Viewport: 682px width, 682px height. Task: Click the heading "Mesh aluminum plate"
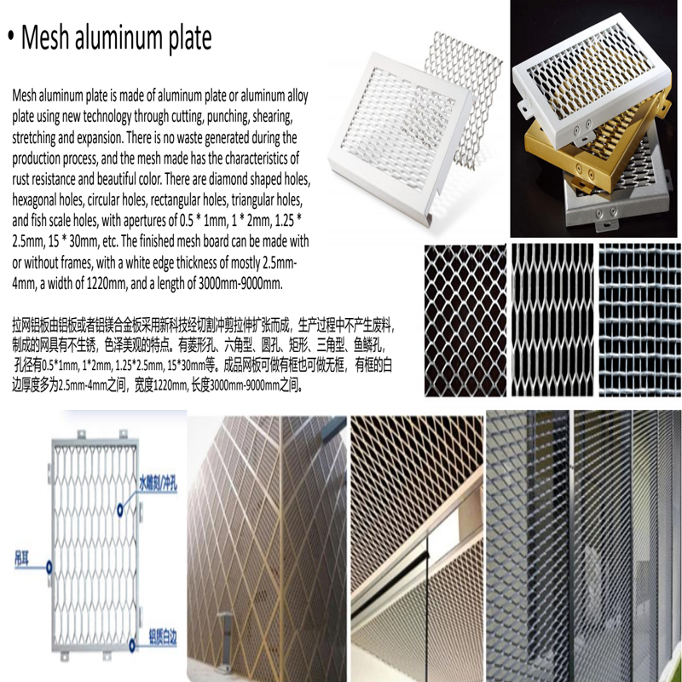pos(115,38)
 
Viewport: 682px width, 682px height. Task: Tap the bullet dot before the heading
pos(10,38)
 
